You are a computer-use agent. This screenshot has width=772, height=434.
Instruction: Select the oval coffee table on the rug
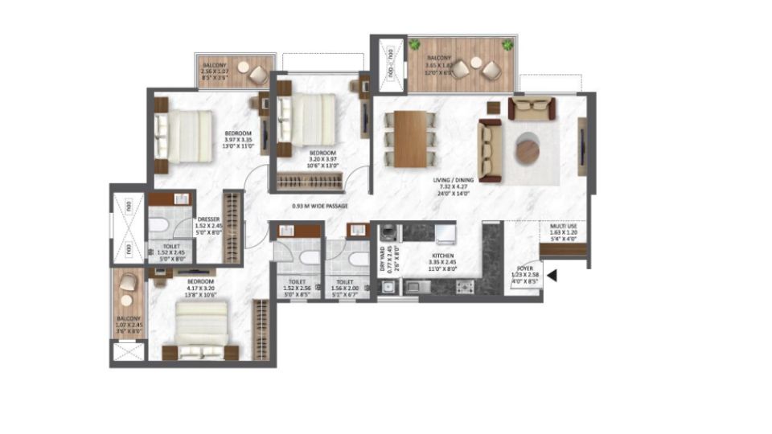point(528,149)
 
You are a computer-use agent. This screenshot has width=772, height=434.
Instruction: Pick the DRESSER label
point(186,223)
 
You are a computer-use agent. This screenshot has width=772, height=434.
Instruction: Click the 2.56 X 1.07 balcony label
point(215,76)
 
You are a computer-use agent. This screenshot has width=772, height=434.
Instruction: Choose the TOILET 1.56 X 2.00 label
point(344,287)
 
